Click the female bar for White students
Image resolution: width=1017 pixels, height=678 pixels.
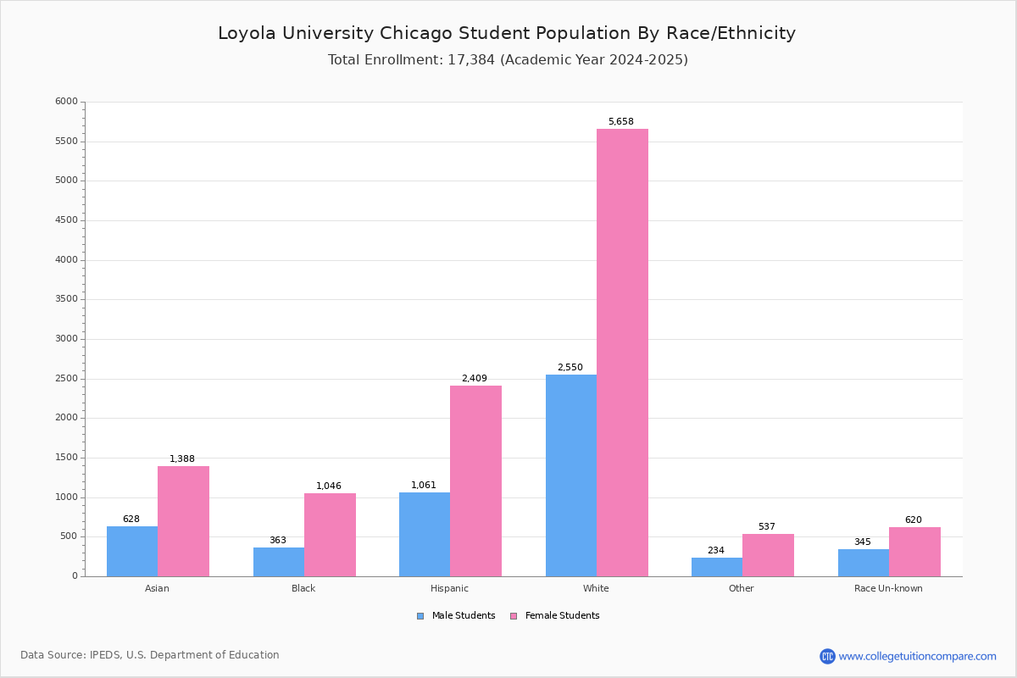click(x=622, y=353)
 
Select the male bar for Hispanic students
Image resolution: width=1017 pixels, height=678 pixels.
click(x=425, y=534)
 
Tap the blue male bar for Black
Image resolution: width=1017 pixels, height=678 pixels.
click(x=279, y=562)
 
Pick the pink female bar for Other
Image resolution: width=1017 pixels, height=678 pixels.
click(x=768, y=555)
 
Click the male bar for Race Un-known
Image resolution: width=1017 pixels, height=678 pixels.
click(x=864, y=563)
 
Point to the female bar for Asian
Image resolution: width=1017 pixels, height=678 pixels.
click(x=183, y=521)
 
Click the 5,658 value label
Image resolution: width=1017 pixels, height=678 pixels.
click(x=620, y=122)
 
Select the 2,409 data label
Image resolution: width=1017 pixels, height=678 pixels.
click(x=474, y=379)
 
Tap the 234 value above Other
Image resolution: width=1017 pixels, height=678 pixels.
click(x=716, y=551)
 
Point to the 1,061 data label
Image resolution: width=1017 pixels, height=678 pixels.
click(x=424, y=486)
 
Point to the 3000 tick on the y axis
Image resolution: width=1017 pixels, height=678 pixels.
click(x=67, y=339)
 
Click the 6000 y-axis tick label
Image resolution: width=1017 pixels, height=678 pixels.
click(x=67, y=102)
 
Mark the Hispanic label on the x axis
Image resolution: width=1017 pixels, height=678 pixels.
click(x=449, y=588)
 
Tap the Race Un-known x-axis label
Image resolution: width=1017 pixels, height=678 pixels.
click(x=888, y=588)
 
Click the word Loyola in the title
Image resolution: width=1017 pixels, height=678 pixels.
click(x=246, y=34)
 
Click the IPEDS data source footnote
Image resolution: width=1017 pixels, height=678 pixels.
click(x=150, y=655)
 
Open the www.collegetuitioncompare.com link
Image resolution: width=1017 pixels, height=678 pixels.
click(x=917, y=656)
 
